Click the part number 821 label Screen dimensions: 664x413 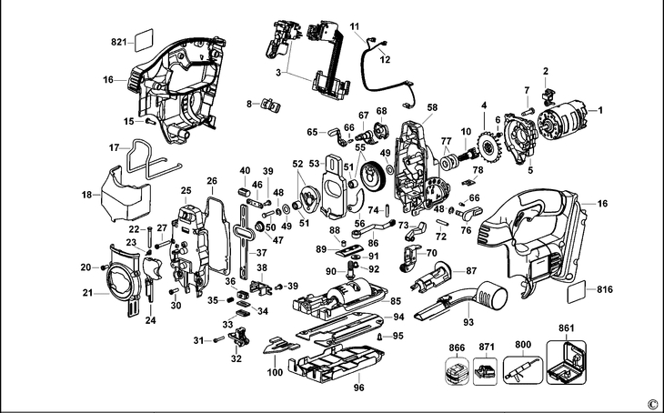(x=118, y=42)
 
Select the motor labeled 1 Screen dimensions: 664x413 (x=562, y=120)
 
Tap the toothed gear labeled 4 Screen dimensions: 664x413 (x=490, y=149)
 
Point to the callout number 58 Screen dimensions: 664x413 (x=432, y=107)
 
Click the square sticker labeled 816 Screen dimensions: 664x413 (x=577, y=291)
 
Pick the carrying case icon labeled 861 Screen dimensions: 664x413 (x=566, y=362)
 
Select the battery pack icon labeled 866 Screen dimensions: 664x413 (x=457, y=371)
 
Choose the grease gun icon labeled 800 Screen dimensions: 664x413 (x=523, y=370)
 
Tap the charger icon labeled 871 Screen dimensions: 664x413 (x=485, y=370)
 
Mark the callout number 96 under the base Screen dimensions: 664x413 (x=359, y=388)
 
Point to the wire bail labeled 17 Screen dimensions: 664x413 (x=150, y=161)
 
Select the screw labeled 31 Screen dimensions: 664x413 (x=219, y=339)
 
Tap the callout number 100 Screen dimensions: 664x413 (x=275, y=373)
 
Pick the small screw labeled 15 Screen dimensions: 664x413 (x=151, y=122)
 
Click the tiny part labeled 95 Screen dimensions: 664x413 (x=380, y=337)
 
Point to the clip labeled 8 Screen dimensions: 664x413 (x=270, y=105)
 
